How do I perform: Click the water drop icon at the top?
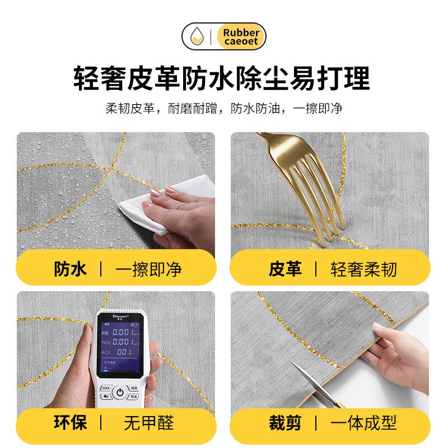[196, 37]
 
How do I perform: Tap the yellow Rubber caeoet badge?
[241, 37]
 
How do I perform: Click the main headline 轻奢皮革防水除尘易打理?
[222, 78]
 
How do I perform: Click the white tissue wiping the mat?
[168, 204]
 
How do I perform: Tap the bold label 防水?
[70, 269]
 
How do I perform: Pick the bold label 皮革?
[285, 269]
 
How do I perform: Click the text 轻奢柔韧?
[363, 269]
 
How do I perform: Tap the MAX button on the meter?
[105, 388]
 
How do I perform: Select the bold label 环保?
[70, 422]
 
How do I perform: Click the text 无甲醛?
[148, 422]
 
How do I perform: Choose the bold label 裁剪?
[285, 422]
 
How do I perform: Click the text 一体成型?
[363, 422]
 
